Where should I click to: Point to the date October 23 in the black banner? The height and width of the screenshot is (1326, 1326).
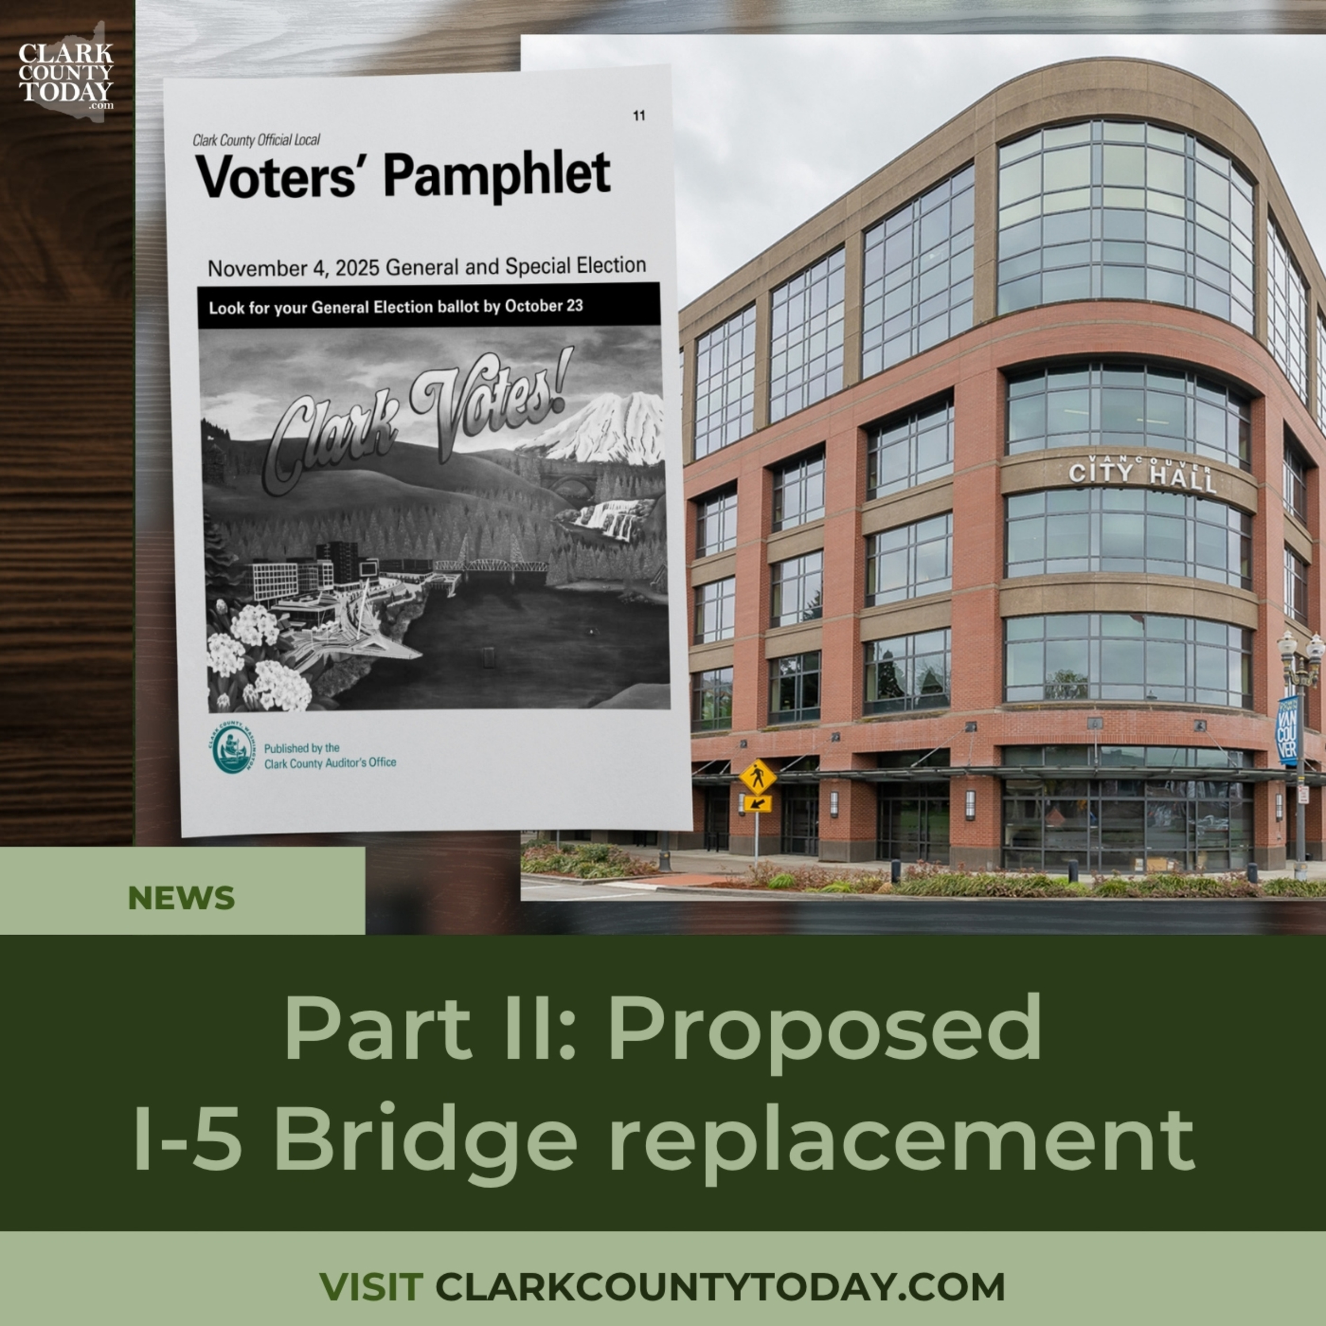coord(544,305)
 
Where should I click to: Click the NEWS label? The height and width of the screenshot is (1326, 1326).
coord(181,898)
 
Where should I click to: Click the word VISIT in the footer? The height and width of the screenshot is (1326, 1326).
coord(371,1286)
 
